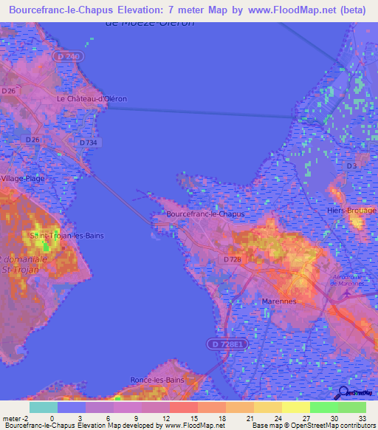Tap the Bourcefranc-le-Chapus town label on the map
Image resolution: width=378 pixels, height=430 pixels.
pyautogui.click(x=205, y=214)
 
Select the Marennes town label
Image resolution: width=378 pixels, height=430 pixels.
pyautogui.click(x=279, y=301)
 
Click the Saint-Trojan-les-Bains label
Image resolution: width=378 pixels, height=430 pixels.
pyautogui.click(x=66, y=236)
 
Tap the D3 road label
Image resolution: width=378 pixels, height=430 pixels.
pyautogui.click(x=351, y=166)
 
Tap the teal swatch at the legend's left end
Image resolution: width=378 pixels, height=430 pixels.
pyautogui.click(x=43, y=407)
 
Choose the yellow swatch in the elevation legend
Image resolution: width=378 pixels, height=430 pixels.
pyautogui.click(x=295, y=407)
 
